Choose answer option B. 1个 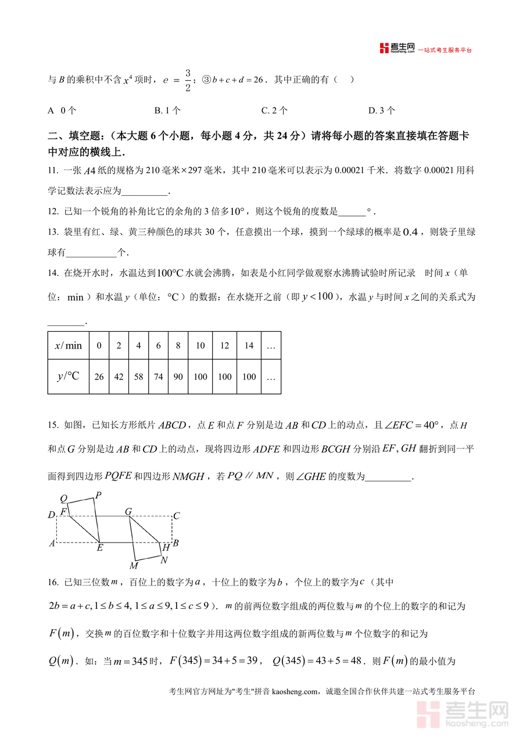click(167, 110)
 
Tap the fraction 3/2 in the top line click(188, 80)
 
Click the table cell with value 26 click(99, 377)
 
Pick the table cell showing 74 click(158, 377)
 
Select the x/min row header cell click(69, 346)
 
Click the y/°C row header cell click(69, 377)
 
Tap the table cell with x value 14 click(249, 346)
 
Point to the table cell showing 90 click(178, 377)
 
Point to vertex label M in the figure click(134, 565)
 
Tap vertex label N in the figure click(164, 560)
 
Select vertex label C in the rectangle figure click(177, 515)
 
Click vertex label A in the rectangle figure click(52, 543)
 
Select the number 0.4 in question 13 click(411, 232)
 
